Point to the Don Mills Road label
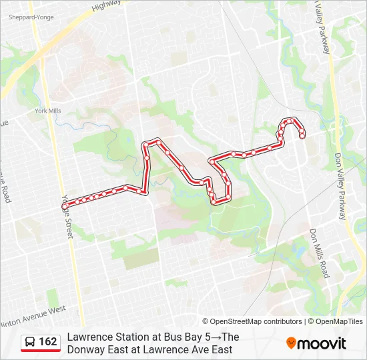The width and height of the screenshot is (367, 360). pos(320,253)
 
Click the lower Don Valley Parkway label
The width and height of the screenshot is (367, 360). pos(340,187)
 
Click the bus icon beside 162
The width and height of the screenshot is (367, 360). pos(30,343)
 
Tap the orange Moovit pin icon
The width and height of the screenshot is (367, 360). pos(291,343)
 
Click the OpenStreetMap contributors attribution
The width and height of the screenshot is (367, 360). pos(252,321)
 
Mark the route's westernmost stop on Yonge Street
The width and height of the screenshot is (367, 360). pos(65,206)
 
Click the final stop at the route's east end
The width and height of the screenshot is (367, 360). pos(302,135)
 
